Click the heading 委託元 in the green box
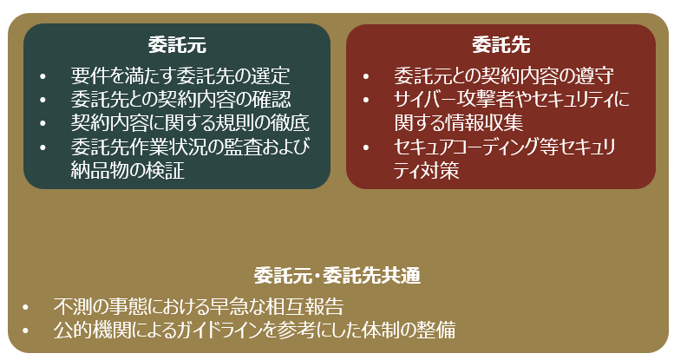coord(177,45)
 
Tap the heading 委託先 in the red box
coord(501,45)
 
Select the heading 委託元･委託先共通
coord(337,276)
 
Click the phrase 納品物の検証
coord(128,170)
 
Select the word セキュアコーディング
coord(464,147)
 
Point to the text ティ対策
coord(427,170)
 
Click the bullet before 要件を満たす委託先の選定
coord(43,77)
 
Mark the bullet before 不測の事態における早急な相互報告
coord(25,308)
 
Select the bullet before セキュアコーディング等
coord(365,148)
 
